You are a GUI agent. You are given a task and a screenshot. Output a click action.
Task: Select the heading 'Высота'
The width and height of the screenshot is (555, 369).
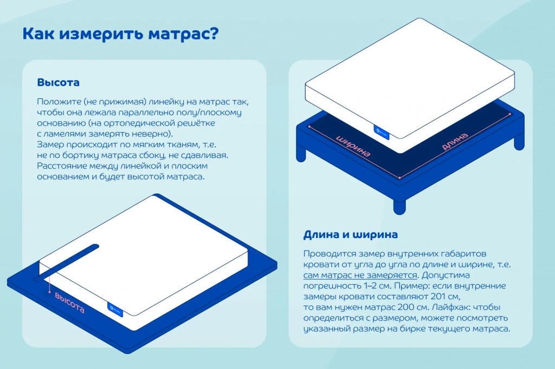tap(58, 83)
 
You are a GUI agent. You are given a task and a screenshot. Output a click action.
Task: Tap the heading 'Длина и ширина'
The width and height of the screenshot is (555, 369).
tap(350, 235)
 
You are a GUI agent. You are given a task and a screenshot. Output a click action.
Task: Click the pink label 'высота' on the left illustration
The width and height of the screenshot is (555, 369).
tap(69, 302)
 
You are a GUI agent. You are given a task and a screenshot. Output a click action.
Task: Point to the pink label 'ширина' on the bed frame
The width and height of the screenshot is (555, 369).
tap(353, 146)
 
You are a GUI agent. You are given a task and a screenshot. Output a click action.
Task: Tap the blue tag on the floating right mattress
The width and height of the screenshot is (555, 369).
tap(382, 130)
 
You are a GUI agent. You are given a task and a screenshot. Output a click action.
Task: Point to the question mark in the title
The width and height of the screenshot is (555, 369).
tap(212, 34)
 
